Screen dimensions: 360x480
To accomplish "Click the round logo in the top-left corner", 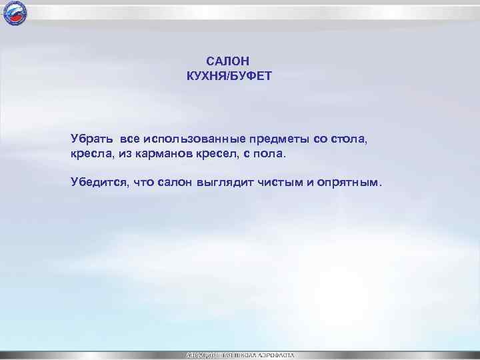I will coord(14,13).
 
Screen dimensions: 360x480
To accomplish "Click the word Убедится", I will coord(99,182).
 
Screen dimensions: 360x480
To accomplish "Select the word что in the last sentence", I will coord(144,182).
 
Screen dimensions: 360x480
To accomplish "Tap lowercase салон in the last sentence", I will coord(175,182).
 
